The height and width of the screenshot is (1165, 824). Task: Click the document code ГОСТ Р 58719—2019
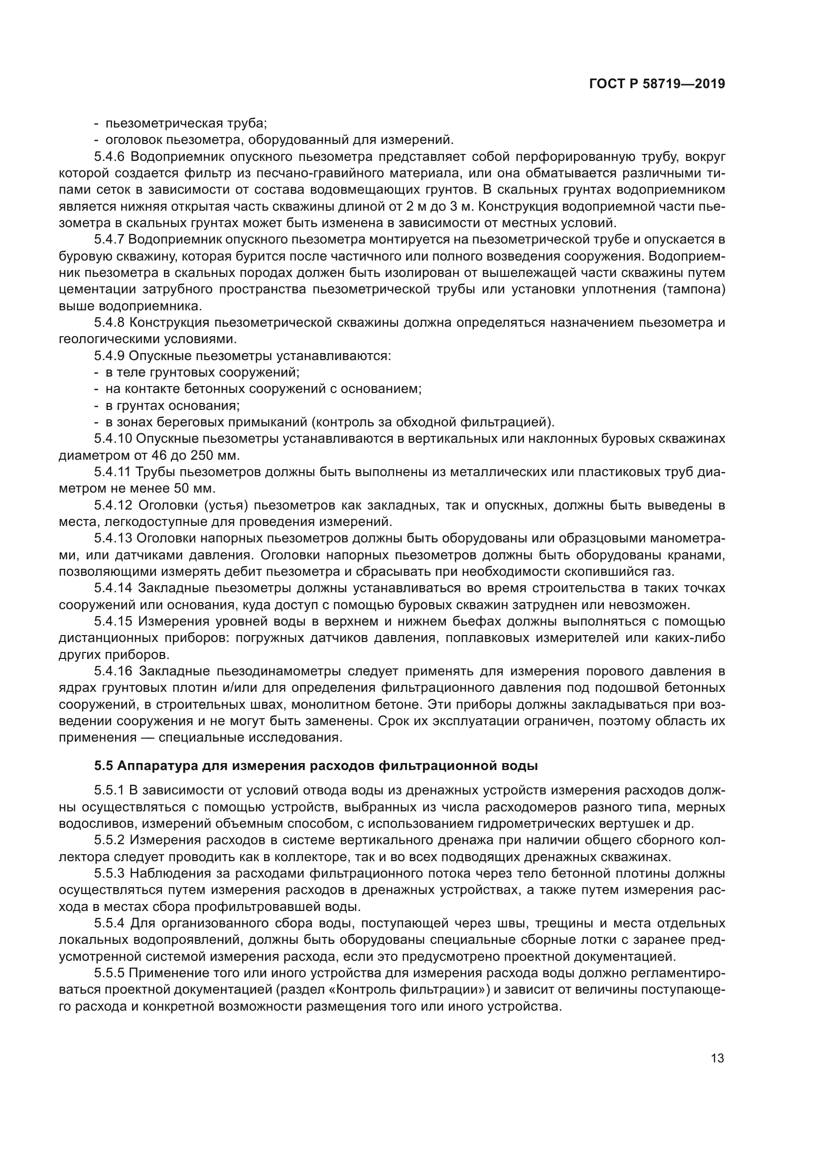(x=657, y=84)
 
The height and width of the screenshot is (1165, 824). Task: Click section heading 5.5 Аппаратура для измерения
(x=315, y=766)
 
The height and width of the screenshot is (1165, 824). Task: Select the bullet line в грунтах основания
(x=172, y=405)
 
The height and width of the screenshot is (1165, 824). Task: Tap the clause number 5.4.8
(x=111, y=323)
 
